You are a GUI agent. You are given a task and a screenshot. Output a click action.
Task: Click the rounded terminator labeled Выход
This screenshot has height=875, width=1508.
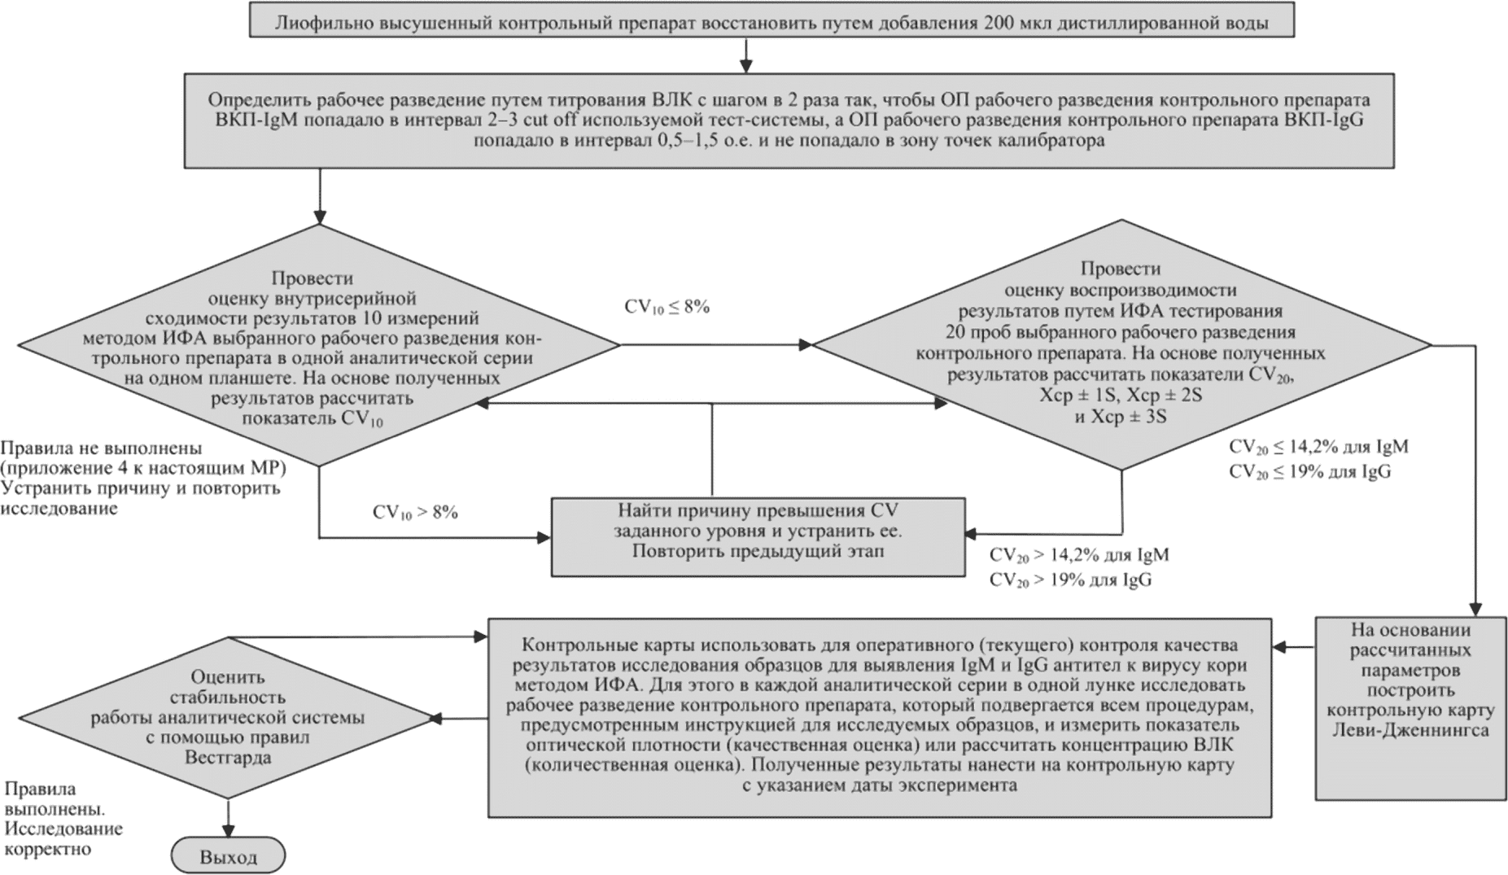(228, 856)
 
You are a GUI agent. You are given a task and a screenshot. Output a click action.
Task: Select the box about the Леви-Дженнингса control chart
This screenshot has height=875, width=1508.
(1410, 708)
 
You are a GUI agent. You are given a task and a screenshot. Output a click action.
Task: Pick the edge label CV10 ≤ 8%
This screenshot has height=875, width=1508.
(667, 307)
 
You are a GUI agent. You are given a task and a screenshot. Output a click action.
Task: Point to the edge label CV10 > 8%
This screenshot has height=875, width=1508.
(415, 513)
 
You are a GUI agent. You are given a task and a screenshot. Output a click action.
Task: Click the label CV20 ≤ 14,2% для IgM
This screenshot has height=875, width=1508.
(1318, 447)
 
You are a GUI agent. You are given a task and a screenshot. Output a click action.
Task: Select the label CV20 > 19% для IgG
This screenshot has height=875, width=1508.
(1070, 580)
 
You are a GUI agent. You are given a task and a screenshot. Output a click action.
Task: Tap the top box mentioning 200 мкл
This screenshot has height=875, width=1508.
(771, 23)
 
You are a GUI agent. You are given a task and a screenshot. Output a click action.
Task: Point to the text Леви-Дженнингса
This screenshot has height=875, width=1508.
(1410, 730)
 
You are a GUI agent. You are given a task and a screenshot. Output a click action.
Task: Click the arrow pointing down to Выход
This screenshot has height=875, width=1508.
(228, 819)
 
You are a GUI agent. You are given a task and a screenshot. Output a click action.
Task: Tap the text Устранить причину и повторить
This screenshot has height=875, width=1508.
(140, 488)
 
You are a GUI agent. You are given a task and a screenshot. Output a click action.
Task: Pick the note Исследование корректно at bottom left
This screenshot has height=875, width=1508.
(63, 839)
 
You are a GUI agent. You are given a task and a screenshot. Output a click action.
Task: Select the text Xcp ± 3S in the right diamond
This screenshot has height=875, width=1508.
(1121, 417)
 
